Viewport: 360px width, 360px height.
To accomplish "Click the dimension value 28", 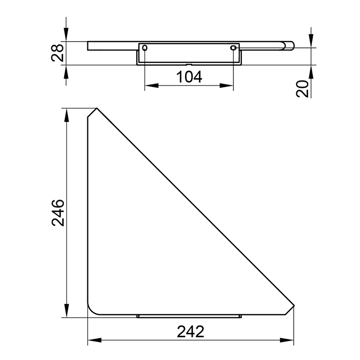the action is [x=57, y=53].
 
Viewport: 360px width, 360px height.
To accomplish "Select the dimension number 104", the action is [x=189, y=77].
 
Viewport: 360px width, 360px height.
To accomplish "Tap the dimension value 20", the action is [x=302, y=88].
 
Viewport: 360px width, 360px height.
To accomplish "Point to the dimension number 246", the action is [x=58, y=213].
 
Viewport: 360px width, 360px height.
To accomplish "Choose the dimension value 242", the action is [x=191, y=332].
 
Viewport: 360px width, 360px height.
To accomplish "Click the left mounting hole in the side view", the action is [x=145, y=48].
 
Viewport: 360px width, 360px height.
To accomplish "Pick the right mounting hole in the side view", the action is [x=233, y=48].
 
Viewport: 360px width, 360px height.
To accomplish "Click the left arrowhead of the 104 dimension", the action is [x=152, y=86].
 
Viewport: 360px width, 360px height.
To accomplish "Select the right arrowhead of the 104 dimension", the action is [x=227, y=86].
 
